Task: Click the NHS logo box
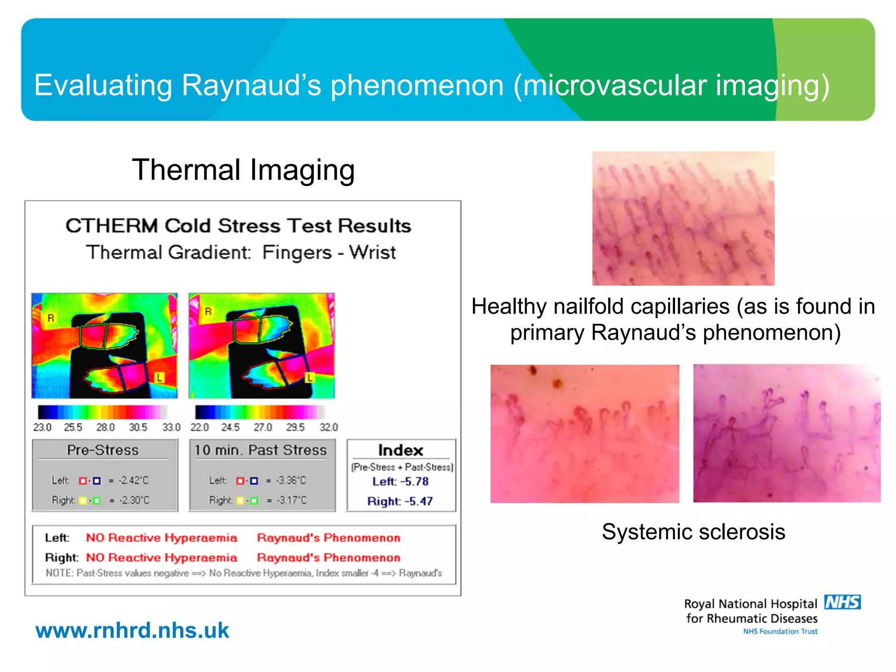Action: click(842, 602)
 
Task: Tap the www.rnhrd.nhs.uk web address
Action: click(132, 630)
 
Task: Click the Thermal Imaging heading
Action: click(243, 170)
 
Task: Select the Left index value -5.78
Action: click(414, 481)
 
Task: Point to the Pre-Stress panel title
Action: click(103, 450)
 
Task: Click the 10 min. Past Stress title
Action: click(261, 450)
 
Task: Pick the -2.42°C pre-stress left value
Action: click(134, 480)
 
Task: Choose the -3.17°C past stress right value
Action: click(292, 500)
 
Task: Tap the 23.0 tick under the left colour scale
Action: click(42, 427)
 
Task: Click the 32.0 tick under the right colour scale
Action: click(329, 427)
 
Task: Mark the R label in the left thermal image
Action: click(51, 318)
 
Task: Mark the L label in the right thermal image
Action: click(310, 377)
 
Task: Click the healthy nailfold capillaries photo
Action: click(683, 218)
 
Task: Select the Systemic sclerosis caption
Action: click(693, 532)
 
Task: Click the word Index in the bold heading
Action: click(400, 450)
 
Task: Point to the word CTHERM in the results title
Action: click(112, 226)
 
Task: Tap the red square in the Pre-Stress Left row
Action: click(83, 481)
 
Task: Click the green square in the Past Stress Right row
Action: click(254, 500)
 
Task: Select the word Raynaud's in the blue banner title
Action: click(251, 85)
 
